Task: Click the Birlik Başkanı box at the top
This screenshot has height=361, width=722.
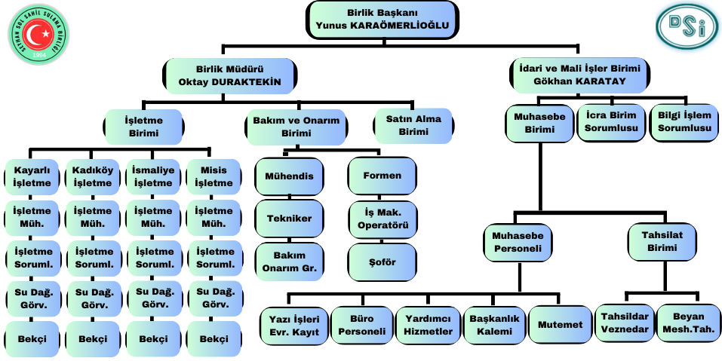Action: point(383,20)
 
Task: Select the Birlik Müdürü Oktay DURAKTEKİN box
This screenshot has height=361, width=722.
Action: point(229,75)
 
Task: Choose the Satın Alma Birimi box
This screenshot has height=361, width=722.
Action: point(413,125)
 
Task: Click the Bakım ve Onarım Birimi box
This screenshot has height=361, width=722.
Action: point(296,126)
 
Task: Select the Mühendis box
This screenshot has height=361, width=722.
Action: point(289,176)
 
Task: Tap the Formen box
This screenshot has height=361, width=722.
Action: point(382,176)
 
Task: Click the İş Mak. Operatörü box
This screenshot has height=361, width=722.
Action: point(382,218)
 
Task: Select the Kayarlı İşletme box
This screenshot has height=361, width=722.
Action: point(32,176)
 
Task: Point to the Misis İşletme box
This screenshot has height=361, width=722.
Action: point(214,176)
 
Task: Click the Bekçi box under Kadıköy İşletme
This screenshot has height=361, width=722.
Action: point(93,339)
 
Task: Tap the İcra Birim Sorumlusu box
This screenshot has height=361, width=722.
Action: point(611,122)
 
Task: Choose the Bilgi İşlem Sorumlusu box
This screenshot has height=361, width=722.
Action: point(684,122)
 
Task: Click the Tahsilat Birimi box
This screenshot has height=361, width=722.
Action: point(662,241)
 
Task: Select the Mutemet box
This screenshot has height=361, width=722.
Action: point(560,325)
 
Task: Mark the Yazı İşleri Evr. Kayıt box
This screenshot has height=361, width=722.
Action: point(295,325)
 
